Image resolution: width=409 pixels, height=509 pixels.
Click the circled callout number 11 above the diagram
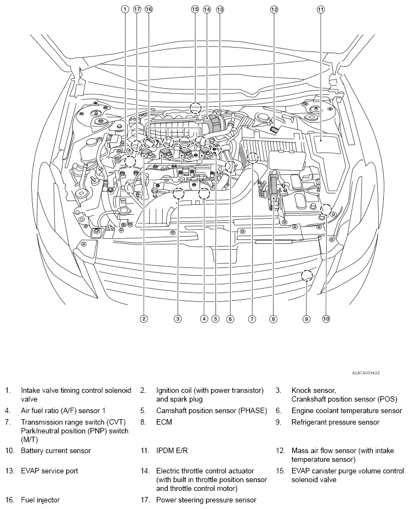click(321, 9)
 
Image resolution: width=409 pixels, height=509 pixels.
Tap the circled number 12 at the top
click(274, 9)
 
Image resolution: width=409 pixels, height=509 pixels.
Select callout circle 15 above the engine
click(195, 9)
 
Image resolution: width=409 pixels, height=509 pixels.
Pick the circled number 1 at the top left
click(125, 9)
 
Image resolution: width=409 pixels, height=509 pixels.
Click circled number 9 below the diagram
click(306, 318)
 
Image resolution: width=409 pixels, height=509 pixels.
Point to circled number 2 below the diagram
click(144, 318)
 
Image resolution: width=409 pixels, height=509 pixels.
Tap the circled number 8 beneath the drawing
click(273, 318)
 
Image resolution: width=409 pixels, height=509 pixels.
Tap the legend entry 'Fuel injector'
click(41, 500)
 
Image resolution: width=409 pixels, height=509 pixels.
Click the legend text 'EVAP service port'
click(49, 471)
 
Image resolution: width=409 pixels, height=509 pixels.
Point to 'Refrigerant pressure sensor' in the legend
click(335, 422)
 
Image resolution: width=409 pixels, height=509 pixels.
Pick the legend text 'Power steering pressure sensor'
click(206, 500)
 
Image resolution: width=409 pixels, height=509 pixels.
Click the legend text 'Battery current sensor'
click(55, 451)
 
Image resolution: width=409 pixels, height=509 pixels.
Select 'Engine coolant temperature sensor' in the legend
click(346, 410)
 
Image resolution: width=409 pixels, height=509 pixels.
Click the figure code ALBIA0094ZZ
click(366, 373)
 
